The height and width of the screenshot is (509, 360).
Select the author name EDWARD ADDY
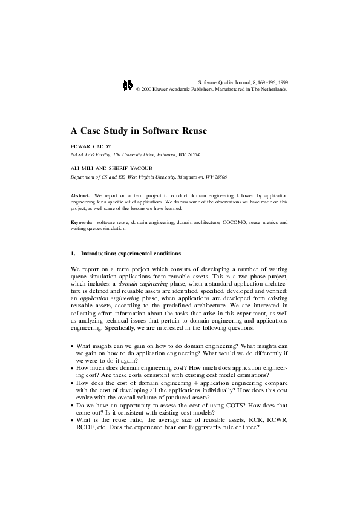91,146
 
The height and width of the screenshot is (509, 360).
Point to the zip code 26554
192,154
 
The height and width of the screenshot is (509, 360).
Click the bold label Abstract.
80,197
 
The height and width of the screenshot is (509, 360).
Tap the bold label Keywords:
82,223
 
